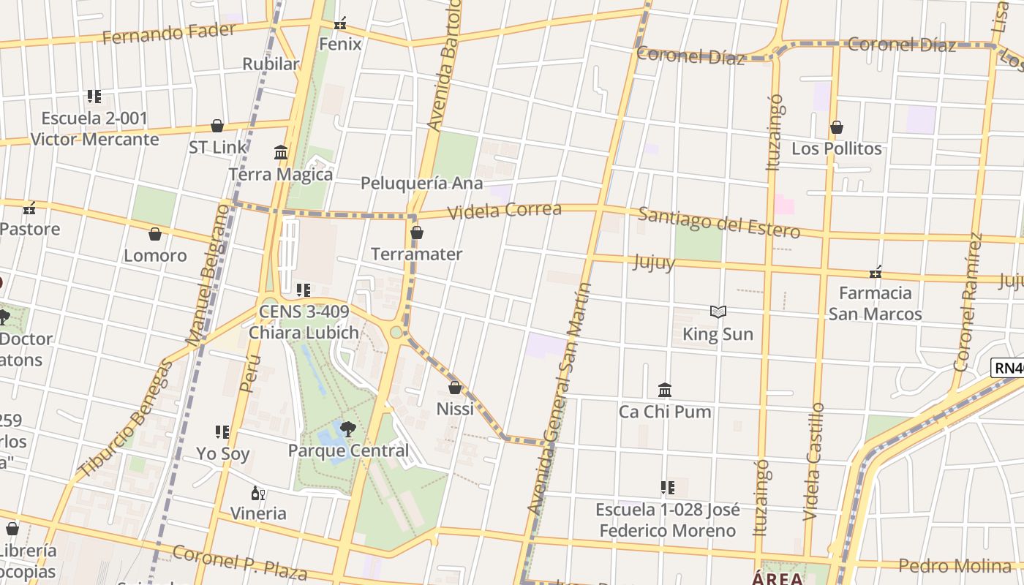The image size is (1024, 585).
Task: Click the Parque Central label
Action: point(348,450)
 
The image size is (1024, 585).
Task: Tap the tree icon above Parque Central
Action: point(348,429)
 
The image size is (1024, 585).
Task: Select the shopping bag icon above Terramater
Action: point(417,233)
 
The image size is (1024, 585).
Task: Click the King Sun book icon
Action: point(718,312)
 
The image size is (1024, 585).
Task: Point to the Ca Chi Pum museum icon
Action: point(665,390)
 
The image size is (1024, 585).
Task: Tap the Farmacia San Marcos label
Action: point(875,303)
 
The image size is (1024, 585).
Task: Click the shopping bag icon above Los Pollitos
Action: point(837,128)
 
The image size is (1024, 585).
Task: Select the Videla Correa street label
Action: point(505,211)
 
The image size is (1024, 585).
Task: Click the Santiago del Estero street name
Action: point(719,222)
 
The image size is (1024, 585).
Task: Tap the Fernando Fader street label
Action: point(169,34)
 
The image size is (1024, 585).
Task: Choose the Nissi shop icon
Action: point(455,388)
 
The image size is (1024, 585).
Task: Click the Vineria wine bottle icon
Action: point(257,494)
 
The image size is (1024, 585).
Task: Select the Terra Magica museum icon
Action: point(281,153)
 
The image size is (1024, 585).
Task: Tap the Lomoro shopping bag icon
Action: point(155,234)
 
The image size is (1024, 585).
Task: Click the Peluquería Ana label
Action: point(422,183)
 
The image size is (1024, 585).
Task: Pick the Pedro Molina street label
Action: point(955,565)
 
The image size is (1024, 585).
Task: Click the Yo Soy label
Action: point(223,453)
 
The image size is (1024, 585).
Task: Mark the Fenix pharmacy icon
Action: point(340,24)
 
